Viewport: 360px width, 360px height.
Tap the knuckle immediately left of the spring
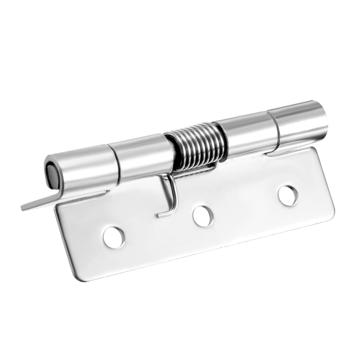pos(142,156)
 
